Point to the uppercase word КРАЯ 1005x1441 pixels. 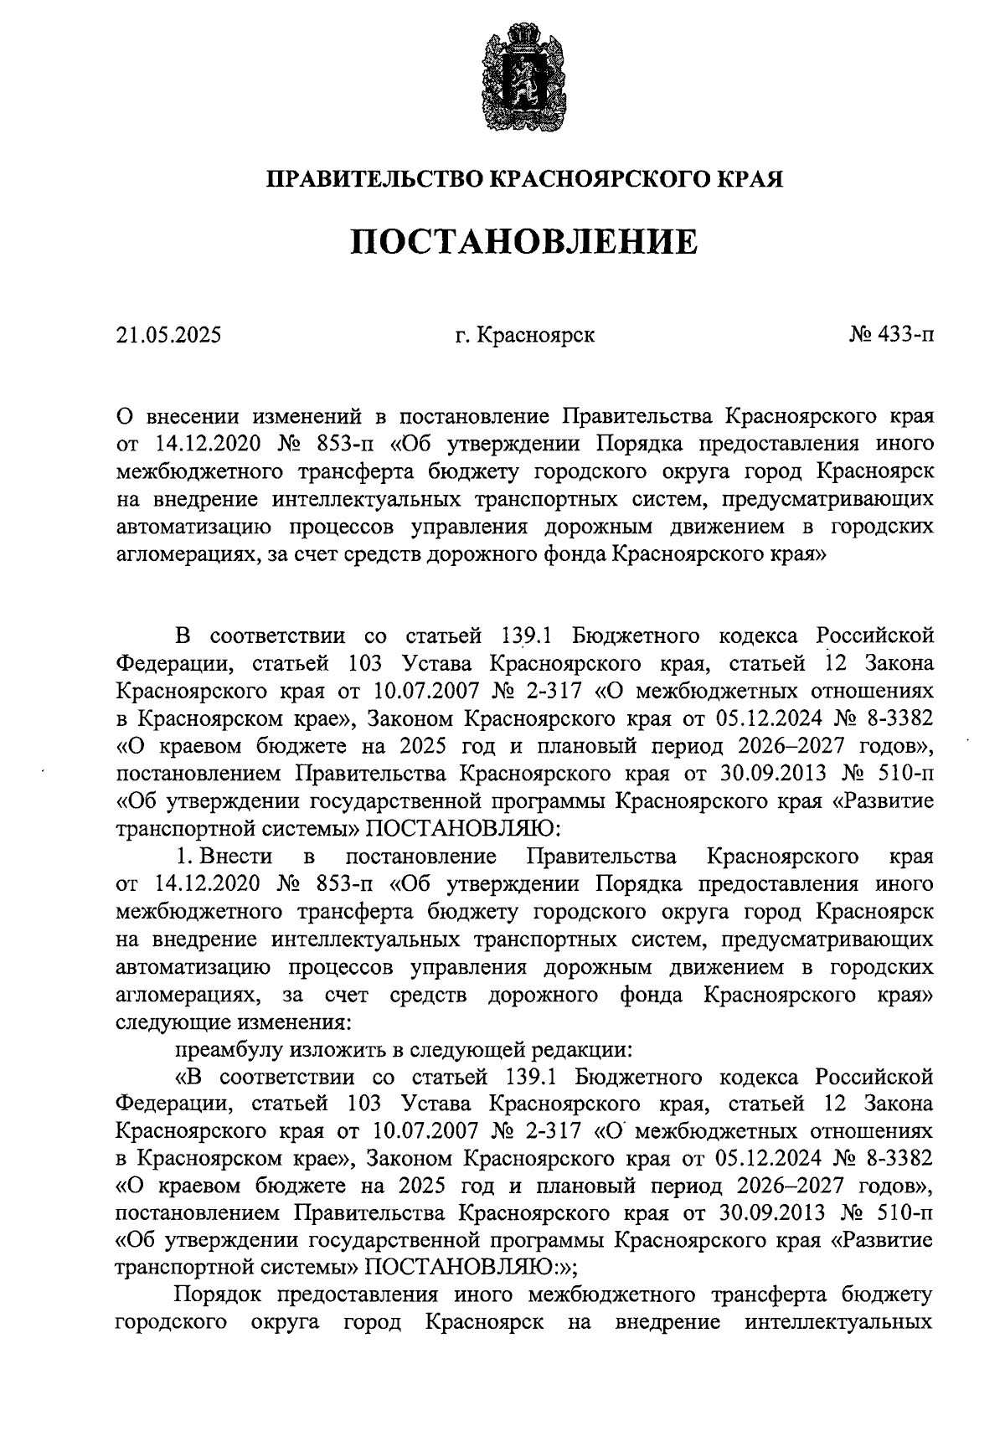pyautogui.click(x=751, y=179)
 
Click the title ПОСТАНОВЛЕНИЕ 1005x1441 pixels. pyautogui.click(x=523, y=242)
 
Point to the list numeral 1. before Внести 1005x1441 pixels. pyautogui.click(x=183, y=857)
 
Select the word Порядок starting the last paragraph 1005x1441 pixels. pyautogui.click(x=219, y=1297)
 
